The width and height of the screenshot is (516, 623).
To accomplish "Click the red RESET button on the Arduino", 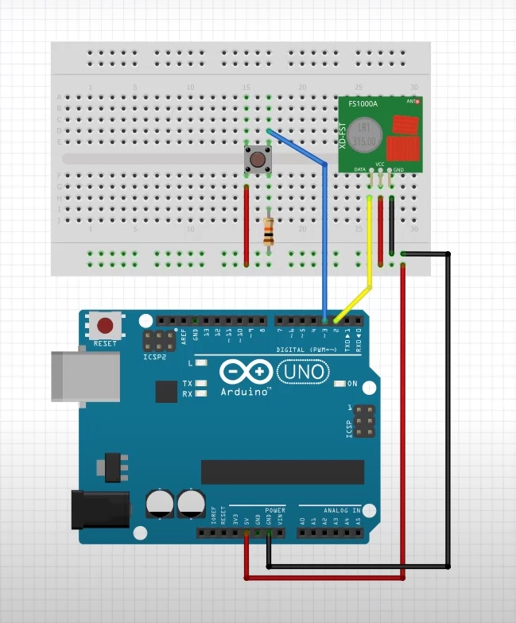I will coord(105,325).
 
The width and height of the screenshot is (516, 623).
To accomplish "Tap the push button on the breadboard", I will coord(258,159).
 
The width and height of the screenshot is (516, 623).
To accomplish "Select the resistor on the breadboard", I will coord(269,231).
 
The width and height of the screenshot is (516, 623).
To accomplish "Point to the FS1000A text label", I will coord(363,103).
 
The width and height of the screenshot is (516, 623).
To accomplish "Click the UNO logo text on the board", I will coord(302,371).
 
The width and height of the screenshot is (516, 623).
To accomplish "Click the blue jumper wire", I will coord(324,238).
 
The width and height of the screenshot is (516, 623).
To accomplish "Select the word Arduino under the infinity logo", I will coord(247,390).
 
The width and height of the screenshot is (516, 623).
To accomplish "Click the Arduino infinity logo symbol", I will coord(246,372).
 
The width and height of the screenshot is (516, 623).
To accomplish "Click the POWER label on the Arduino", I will coord(275,510).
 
